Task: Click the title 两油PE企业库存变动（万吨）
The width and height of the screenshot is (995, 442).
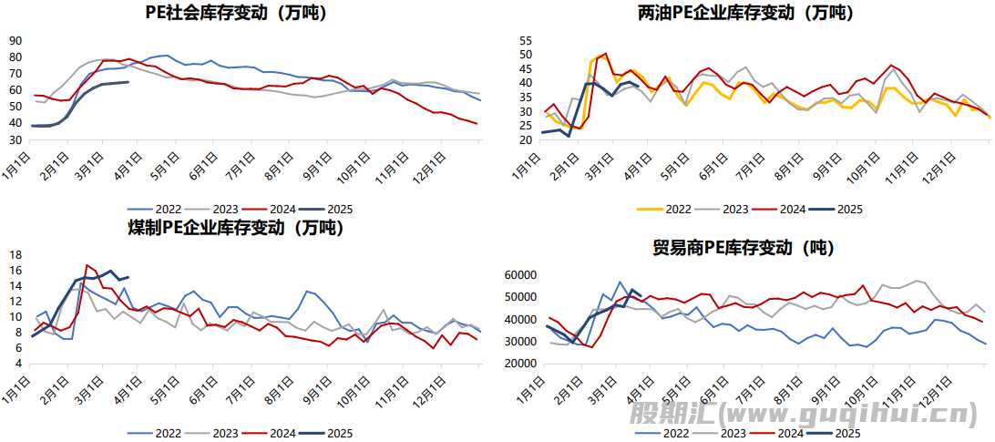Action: [x=745, y=13]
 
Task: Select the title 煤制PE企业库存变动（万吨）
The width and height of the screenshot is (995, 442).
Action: [x=235, y=228]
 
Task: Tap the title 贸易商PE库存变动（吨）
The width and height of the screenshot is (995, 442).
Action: [x=743, y=247]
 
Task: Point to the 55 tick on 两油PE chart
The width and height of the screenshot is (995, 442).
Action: [x=525, y=41]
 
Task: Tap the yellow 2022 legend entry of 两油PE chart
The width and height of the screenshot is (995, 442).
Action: [x=667, y=209]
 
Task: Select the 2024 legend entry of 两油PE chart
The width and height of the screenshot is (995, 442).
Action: [x=786, y=209]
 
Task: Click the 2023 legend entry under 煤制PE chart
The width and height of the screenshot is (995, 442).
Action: [x=220, y=433]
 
